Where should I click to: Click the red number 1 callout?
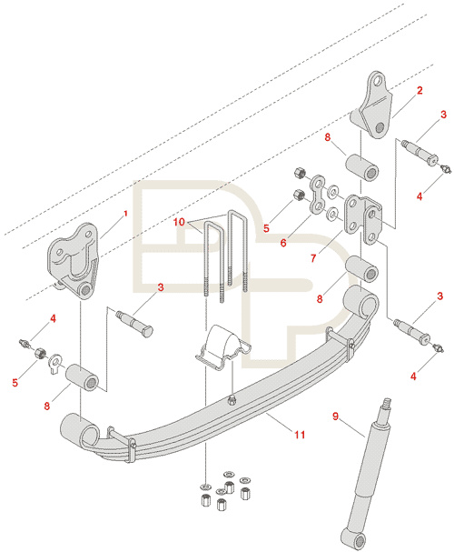pyautogui.click(x=125, y=214)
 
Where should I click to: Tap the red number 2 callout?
pyautogui.click(x=419, y=90)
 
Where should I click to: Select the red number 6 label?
pyautogui.click(x=283, y=243)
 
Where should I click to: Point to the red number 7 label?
pyautogui.click(x=313, y=258)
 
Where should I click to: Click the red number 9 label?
pyautogui.click(x=335, y=417)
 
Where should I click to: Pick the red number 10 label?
pyautogui.click(x=179, y=222)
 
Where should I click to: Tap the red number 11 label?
pyautogui.click(x=300, y=435)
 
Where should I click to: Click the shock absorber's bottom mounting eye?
pyautogui.click(x=354, y=539)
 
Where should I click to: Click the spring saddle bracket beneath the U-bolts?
pyautogui.click(x=222, y=347)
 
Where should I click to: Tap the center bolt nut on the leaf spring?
pyautogui.click(x=232, y=399)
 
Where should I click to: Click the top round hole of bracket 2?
pyautogui.click(x=378, y=80)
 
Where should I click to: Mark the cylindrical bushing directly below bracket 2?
pyautogui.click(x=362, y=166)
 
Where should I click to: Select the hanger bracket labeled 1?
pyautogui.click(x=73, y=260)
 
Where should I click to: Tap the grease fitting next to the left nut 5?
pyautogui.click(x=24, y=343)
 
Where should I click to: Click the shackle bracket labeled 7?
pyautogui.click(x=364, y=220)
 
